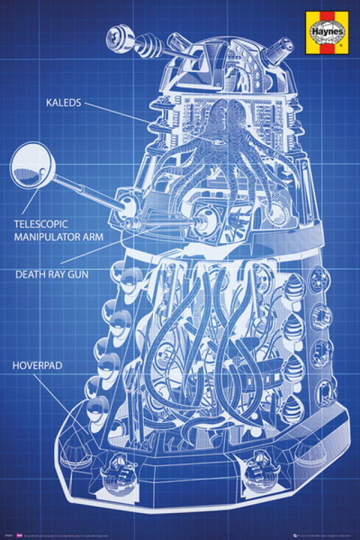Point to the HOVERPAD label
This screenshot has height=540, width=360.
pyautogui.click(x=37, y=366)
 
